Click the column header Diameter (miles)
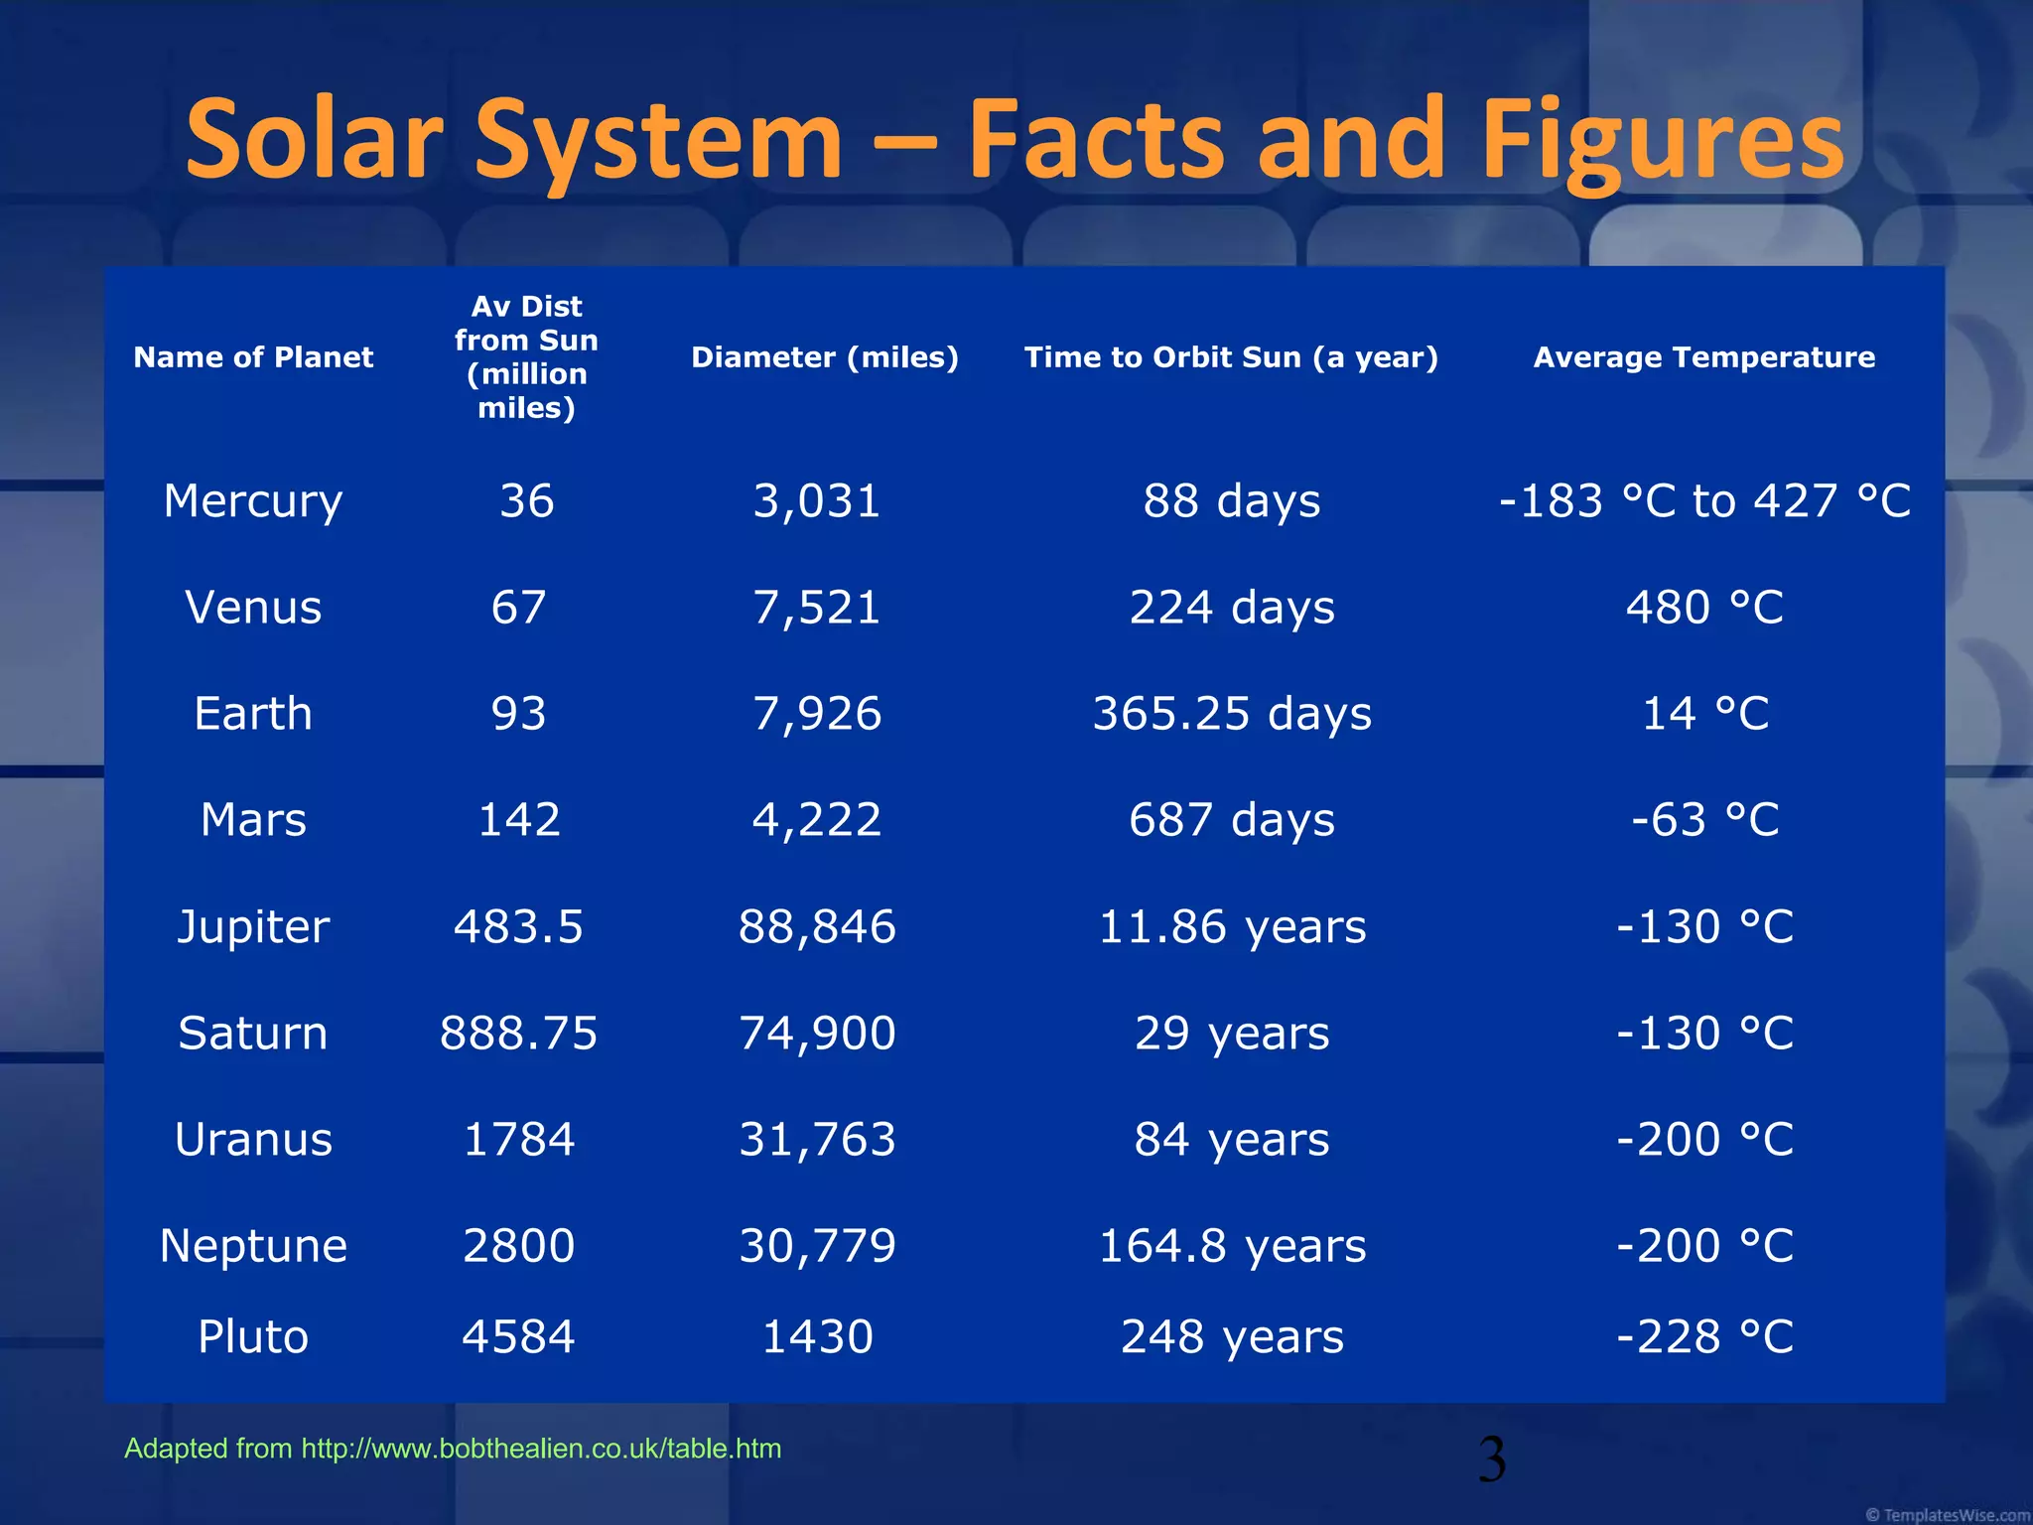[x=825, y=357]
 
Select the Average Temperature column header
[x=1704, y=357]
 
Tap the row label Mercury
[x=253, y=500]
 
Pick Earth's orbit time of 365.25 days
[x=1232, y=714]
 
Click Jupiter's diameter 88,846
[x=817, y=926]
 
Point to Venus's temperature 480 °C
[x=1704, y=607]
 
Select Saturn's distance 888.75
[x=519, y=1033]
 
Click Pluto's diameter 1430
[x=817, y=1336]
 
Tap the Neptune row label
[x=253, y=1245]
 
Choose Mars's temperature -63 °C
[x=1704, y=820]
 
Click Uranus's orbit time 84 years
[x=1232, y=1139]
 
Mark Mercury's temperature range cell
[x=1704, y=500]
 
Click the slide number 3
[x=1492, y=1460]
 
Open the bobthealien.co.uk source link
[x=541, y=1449]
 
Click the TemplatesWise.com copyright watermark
[x=1947, y=1514]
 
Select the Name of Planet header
[x=253, y=357]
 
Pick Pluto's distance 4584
[x=519, y=1336]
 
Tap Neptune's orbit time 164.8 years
[x=1232, y=1245]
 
